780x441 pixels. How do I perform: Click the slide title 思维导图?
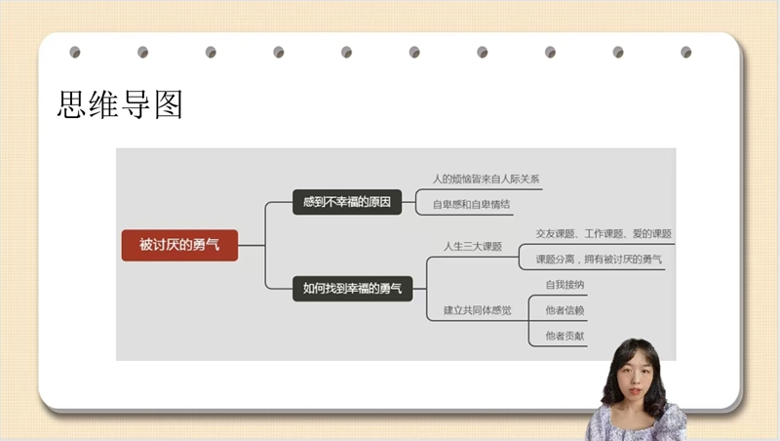click(120, 104)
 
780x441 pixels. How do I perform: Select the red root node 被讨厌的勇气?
click(179, 245)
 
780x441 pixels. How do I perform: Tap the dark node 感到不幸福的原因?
click(347, 202)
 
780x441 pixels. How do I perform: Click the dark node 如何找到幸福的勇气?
click(353, 289)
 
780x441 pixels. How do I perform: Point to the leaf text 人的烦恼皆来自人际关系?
click(486, 180)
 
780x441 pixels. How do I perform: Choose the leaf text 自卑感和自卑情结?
click(471, 204)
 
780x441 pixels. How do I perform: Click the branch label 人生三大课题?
click(473, 247)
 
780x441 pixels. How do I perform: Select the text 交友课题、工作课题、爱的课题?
click(604, 234)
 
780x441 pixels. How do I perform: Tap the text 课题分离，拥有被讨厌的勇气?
click(599, 260)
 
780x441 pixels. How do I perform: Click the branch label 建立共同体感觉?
click(478, 310)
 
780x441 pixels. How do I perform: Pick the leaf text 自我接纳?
click(565, 285)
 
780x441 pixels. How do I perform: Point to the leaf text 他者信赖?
click(565, 310)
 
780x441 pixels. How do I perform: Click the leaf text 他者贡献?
click(565, 336)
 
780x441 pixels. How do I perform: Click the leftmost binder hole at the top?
click(75, 52)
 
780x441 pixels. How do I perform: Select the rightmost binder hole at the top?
click(686, 52)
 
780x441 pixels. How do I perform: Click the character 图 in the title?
click(169, 104)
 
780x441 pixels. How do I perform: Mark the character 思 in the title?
click(71, 104)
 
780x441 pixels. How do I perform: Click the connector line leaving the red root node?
click(252, 246)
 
